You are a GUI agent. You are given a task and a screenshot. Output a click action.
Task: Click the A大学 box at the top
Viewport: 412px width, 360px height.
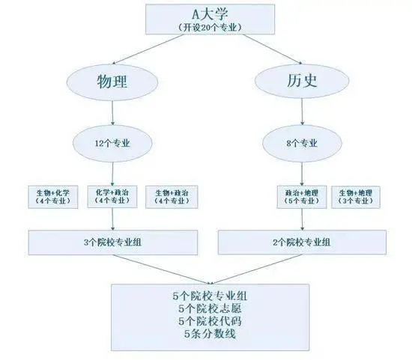pos(210,19)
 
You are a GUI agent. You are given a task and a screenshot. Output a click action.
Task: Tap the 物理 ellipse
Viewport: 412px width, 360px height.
pos(112,82)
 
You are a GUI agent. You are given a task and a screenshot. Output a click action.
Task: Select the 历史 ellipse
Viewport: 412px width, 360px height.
pos(302,81)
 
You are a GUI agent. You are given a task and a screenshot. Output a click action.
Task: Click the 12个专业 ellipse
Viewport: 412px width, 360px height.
pos(112,144)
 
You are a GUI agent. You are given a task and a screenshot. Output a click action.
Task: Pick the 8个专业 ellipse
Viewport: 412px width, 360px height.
pos(302,144)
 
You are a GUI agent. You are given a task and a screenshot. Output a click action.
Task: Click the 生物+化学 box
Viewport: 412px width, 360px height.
pos(53,197)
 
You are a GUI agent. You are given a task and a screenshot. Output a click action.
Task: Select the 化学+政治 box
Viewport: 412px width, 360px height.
pos(112,196)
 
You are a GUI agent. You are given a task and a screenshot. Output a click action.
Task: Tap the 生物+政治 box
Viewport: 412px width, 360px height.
pos(172,197)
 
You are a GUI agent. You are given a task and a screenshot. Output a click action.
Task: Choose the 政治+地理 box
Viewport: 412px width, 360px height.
pos(302,197)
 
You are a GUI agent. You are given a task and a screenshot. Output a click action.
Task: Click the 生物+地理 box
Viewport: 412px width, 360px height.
pos(356,197)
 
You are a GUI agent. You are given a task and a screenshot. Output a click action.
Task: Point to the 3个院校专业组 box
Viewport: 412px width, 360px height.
pos(113,242)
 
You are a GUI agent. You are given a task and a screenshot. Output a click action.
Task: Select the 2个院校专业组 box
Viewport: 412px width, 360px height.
pos(302,242)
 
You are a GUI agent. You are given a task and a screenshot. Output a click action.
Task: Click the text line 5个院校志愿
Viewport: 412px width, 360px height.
pos(210,308)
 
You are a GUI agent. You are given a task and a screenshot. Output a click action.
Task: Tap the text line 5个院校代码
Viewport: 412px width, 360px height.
pos(210,321)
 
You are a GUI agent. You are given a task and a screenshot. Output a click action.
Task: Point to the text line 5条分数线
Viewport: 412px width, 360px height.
pos(210,334)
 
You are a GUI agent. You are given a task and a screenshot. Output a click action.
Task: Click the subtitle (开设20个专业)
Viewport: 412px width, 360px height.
pos(210,28)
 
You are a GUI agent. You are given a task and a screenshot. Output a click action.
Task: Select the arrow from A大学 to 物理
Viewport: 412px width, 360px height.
pos(148,49)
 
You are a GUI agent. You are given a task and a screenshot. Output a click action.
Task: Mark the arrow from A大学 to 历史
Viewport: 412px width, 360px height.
pos(272,49)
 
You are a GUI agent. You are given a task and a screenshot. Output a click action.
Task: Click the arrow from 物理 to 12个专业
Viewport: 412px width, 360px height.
pos(112,113)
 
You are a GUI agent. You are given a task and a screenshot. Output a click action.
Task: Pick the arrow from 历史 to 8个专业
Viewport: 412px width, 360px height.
pos(302,112)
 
